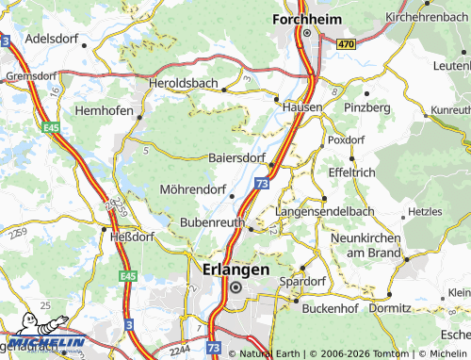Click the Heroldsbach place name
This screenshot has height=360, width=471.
pyautogui.click(x=184, y=84)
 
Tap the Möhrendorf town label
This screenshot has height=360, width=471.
pyautogui.click(x=193, y=188)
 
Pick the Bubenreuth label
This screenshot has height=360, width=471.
pyautogui.click(x=211, y=222)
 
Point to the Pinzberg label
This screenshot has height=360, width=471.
pyautogui.click(x=367, y=108)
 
